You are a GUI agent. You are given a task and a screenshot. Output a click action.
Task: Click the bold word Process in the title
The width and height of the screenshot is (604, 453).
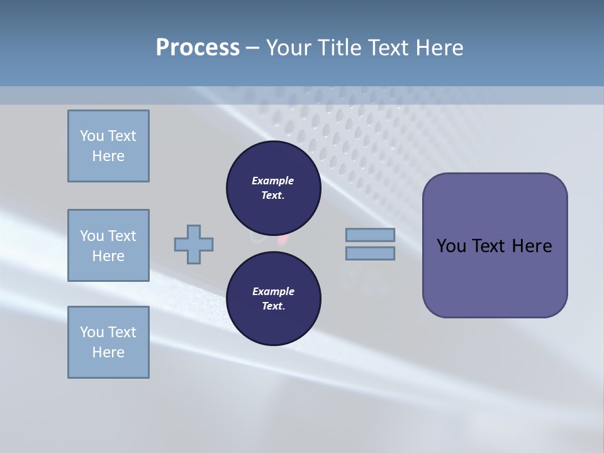click(x=198, y=48)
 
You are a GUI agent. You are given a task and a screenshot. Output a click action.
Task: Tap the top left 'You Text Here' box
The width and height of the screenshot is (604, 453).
click(x=108, y=146)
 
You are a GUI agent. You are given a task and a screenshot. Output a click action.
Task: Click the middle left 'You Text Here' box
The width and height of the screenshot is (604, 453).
click(x=108, y=245)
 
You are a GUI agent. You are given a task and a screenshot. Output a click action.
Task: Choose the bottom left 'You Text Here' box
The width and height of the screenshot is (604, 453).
click(x=108, y=342)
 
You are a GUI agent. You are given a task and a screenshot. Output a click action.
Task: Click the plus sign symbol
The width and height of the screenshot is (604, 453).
click(x=194, y=244)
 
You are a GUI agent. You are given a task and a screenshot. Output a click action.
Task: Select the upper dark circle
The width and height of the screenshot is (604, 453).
click(x=273, y=187)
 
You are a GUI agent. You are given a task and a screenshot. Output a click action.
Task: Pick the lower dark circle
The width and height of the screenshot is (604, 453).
click(x=273, y=298)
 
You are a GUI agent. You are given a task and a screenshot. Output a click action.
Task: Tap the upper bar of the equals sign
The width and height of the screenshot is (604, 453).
click(x=370, y=235)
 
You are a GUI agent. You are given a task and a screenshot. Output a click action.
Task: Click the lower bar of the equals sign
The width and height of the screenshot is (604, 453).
click(x=370, y=254)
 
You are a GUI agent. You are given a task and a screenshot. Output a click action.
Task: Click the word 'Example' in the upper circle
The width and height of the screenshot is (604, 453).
click(x=273, y=181)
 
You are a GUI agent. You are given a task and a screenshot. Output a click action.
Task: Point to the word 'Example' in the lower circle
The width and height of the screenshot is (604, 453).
click(x=273, y=291)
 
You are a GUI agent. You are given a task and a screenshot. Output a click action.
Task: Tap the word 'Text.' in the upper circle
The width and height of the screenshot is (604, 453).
click(x=273, y=196)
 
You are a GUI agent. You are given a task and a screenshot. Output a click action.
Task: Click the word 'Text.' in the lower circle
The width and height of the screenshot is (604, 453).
click(x=273, y=306)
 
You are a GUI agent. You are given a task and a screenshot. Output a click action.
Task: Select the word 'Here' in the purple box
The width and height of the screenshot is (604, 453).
click(x=532, y=246)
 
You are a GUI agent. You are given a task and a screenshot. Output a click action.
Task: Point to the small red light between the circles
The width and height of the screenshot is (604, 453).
click(x=282, y=240)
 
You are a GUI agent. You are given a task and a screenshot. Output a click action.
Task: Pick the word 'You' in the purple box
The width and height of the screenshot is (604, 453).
click(x=451, y=246)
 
